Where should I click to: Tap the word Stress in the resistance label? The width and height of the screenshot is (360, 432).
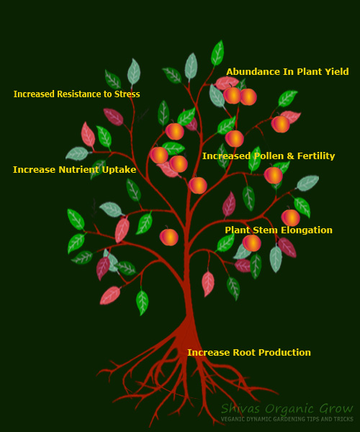tap(127, 94)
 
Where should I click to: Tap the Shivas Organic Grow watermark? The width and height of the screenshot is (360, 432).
tap(287, 408)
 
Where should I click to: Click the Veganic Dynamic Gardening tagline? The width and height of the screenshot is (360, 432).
tap(287, 419)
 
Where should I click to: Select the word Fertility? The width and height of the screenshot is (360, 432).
tap(316, 156)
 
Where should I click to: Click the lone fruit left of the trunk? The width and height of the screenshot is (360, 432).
tap(169, 237)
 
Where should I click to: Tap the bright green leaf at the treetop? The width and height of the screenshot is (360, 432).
tap(217, 53)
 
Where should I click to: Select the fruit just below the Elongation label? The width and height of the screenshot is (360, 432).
tap(252, 243)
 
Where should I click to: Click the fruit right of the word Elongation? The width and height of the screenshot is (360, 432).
tap(291, 217)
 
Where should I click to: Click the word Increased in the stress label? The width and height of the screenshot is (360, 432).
tap(34, 94)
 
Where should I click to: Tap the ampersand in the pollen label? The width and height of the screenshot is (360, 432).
tap(290, 156)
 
